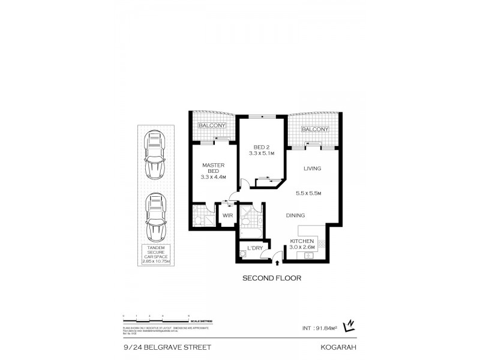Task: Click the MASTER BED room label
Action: pos(212,166)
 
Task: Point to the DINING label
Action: pos(295,215)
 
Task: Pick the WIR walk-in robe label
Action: pos(228,215)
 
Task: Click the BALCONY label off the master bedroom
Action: pos(213,125)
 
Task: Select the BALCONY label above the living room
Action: pos(314,130)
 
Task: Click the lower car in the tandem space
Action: pos(154,217)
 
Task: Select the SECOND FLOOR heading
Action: pos(271,278)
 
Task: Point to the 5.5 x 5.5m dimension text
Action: pos(309,193)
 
